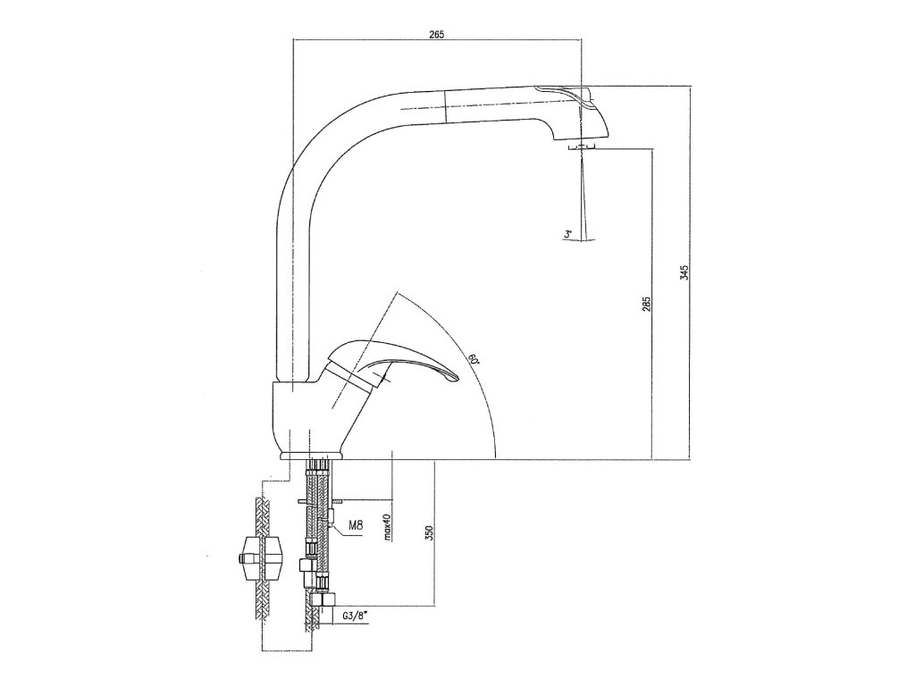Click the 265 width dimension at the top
coord(436,34)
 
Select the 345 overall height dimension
coord(684,273)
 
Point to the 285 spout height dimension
coord(647,304)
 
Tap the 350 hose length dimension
coord(429,532)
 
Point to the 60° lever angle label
coord(473,361)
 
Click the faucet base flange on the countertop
coord(313,456)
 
